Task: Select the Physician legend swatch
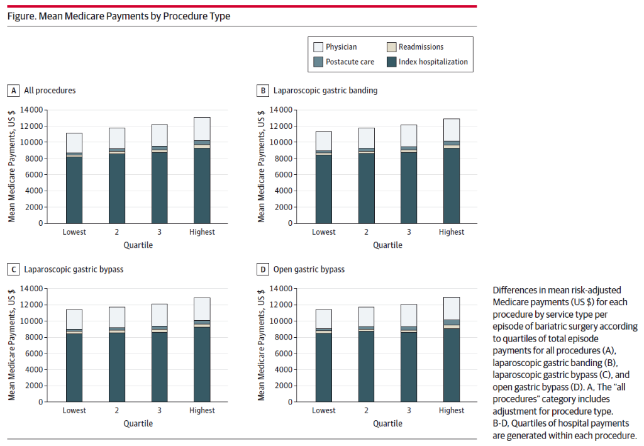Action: click(x=318, y=47)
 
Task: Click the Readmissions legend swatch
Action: click(x=391, y=47)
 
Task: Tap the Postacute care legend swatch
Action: click(x=318, y=62)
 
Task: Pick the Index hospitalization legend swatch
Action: click(x=391, y=62)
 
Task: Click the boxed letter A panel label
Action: click(x=13, y=91)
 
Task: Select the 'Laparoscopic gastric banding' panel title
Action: click(x=325, y=91)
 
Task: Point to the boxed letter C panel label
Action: click(x=13, y=269)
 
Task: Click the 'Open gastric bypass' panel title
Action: click(x=309, y=269)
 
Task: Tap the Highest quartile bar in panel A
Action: click(x=202, y=170)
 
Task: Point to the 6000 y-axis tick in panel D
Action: click(x=283, y=353)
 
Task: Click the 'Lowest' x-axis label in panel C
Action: click(x=74, y=411)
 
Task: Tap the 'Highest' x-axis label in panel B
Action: click(x=452, y=232)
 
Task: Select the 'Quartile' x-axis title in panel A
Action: click(x=138, y=245)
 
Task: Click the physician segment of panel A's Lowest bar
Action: click(x=74, y=143)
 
